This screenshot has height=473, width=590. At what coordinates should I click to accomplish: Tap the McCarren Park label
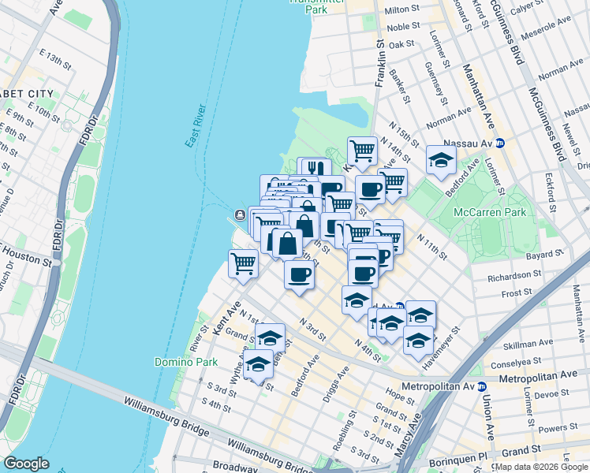[489, 213]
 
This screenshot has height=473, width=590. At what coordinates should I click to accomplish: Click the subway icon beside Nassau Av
[510, 143]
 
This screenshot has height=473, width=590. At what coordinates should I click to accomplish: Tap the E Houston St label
[24, 251]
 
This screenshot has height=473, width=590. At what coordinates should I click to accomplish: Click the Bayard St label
[545, 255]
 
